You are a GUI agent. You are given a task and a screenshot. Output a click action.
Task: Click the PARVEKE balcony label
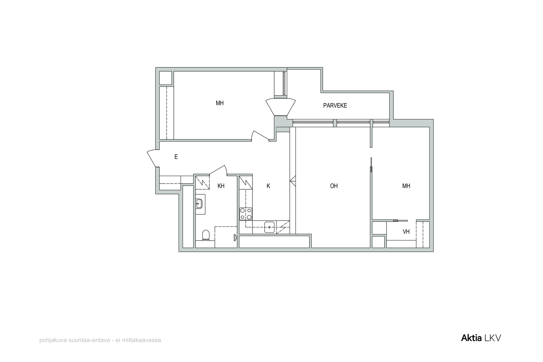[335, 106]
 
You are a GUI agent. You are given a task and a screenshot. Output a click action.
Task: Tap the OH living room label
[334, 186]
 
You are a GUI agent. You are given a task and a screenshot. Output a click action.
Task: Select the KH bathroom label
[221, 186]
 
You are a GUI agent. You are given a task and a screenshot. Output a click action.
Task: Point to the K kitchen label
[268, 186]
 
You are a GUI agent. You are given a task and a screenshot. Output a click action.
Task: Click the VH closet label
[406, 232]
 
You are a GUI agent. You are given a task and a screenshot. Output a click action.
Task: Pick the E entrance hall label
[176, 157]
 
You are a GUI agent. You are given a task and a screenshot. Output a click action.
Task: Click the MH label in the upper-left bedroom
[220, 103]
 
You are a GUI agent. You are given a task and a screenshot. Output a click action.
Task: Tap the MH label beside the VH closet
[406, 186]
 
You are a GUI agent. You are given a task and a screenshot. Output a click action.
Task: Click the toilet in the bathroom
[206, 235]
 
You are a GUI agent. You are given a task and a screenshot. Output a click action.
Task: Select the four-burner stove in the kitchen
[246, 214]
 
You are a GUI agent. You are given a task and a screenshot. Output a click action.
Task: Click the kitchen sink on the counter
[269, 227]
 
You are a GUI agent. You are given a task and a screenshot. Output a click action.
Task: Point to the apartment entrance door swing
[153, 158]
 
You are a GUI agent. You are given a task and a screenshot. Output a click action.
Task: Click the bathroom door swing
[218, 170]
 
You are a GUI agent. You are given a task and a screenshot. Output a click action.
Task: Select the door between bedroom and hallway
[260, 136]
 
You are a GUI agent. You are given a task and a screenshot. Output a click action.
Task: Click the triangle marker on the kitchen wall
[293, 181]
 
